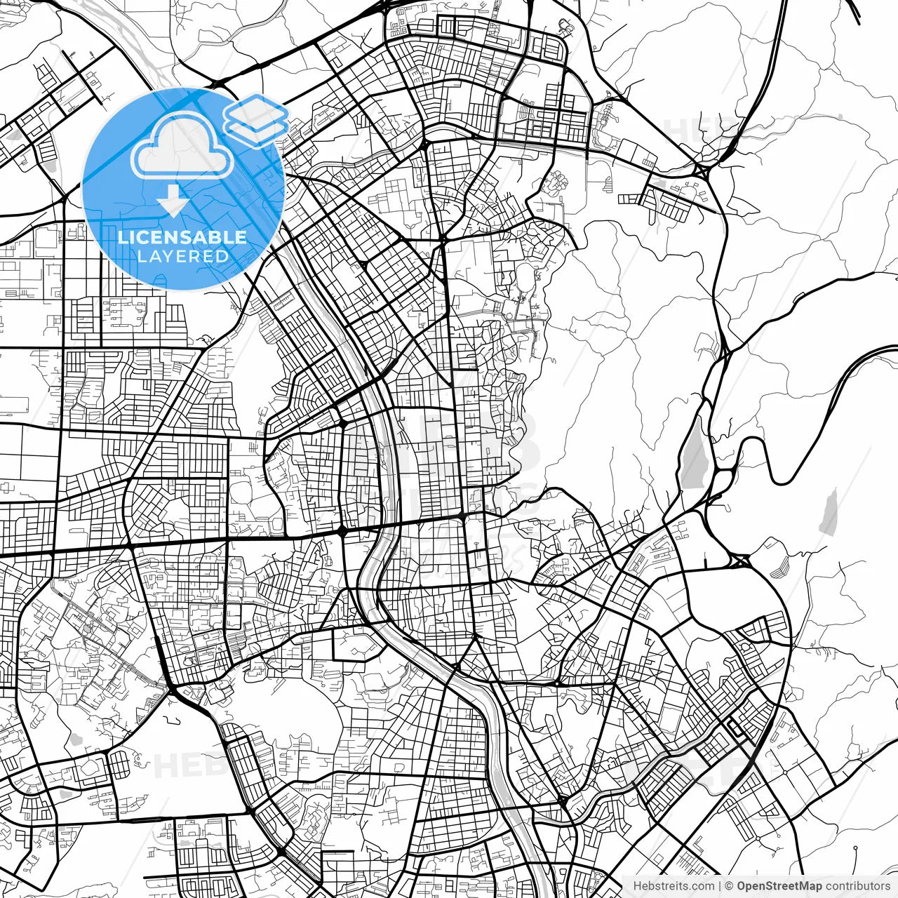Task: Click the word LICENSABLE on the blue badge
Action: [x=182, y=237]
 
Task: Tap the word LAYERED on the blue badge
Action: [x=182, y=256]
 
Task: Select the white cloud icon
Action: [x=182, y=146]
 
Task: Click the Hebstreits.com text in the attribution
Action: [x=673, y=886]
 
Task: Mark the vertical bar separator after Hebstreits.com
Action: [x=720, y=886]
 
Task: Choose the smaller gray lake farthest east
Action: [x=830, y=512]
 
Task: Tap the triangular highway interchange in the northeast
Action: [x=704, y=170]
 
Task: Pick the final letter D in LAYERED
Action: [x=223, y=256]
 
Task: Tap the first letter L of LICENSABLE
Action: [x=123, y=237]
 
